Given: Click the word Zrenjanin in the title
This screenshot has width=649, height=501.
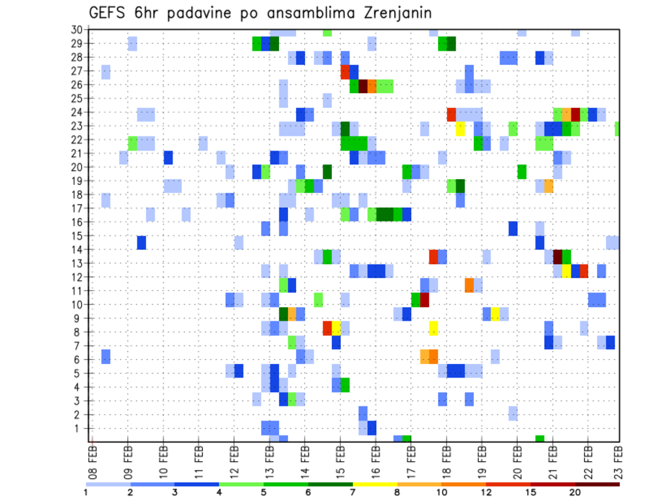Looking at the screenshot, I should [389, 14].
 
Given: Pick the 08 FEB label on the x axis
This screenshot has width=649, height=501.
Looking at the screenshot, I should [93, 458].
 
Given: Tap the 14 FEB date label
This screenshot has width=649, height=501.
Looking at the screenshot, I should [305, 458].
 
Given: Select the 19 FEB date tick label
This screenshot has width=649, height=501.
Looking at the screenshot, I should [481, 458].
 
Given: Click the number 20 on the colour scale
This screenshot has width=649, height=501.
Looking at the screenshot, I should [575, 492].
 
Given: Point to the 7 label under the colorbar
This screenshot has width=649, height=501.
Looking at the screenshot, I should [353, 492].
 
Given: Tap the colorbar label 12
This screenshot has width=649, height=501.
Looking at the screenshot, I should [485, 492].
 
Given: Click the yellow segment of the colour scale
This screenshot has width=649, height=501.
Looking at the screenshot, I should [375, 484].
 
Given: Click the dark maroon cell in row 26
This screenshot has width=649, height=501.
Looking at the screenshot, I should [363, 86].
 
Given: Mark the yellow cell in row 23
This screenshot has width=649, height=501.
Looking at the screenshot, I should [460, 128].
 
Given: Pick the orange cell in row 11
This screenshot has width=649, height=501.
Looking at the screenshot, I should [469, 285].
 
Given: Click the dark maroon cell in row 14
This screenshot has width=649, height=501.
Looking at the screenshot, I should [558, 257].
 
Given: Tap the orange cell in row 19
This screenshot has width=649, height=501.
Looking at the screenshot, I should [548, 186].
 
